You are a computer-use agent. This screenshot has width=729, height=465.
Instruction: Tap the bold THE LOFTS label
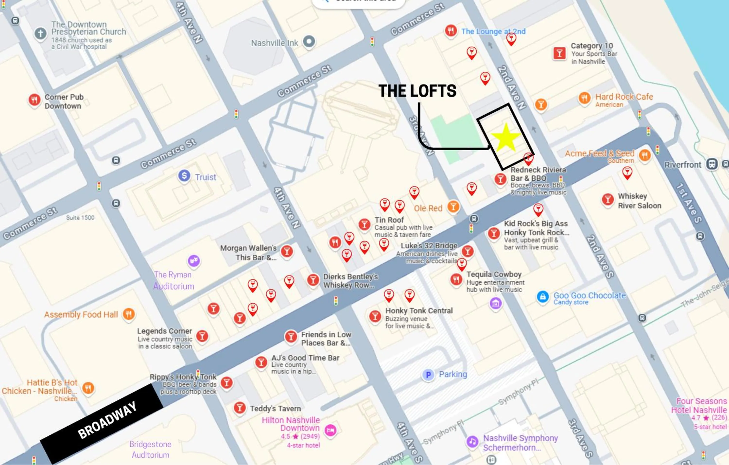(x=417, y=91)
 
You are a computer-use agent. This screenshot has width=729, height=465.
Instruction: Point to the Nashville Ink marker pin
(x=309, y=41)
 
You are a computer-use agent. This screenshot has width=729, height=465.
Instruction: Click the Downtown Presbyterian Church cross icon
(x=40, y=33)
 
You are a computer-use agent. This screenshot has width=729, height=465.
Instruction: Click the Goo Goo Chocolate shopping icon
(x=543, y=297)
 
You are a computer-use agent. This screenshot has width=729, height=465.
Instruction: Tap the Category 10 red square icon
(x=559, y=54)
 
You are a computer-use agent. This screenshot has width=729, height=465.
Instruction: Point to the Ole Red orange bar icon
(x=453, y=207)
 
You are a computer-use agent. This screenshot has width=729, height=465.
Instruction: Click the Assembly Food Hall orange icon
(x=129, y=314)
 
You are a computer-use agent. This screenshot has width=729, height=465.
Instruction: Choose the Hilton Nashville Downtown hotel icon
(x=330, y=430)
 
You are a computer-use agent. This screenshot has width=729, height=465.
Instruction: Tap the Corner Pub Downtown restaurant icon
(x=35, y=100)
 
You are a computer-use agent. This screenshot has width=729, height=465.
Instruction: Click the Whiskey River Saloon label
(x=639, y=201)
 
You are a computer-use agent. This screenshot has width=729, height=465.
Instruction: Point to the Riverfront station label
(x=682, y=165)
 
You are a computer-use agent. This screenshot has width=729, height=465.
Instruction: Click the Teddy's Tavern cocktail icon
(x=239, y=407)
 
